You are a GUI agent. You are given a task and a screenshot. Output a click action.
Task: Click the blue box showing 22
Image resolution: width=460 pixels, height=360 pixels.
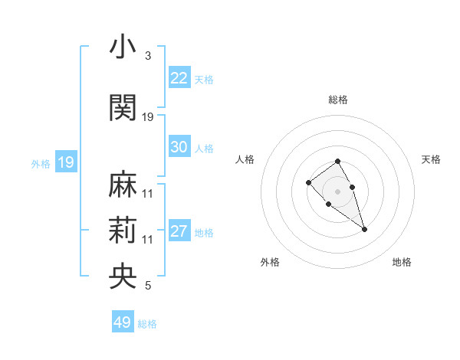[179, 78]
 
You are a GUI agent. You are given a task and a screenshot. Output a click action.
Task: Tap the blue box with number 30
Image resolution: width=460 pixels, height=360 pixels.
[179, 148]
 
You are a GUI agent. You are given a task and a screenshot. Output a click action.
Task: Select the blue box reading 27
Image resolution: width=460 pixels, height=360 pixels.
[179, 232]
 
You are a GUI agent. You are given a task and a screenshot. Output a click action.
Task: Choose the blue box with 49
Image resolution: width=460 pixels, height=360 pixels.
[123, 322]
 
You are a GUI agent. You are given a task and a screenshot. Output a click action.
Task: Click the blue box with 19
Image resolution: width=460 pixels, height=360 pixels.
[65, 162]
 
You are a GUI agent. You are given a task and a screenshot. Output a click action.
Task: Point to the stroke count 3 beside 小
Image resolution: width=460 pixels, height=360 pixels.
[148, 57]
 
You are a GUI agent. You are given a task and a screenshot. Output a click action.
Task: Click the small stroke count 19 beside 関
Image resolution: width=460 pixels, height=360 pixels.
[148, 117]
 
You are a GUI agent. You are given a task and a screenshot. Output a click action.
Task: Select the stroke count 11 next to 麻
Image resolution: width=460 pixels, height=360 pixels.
[148, 194]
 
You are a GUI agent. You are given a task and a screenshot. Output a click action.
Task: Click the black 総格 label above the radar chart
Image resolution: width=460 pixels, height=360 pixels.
[338, 100]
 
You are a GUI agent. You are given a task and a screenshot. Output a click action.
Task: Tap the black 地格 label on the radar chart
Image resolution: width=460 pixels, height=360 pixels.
[402, 263]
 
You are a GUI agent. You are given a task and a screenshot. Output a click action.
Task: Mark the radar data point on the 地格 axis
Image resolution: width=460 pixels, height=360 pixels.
[365, 229]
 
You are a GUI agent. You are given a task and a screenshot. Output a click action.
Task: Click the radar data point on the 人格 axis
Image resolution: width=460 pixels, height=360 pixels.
[308, 182]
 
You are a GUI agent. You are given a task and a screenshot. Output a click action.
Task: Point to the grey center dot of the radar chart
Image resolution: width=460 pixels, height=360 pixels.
[338, 191]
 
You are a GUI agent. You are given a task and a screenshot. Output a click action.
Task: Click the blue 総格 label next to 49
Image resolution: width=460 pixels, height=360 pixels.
[148, 324]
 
